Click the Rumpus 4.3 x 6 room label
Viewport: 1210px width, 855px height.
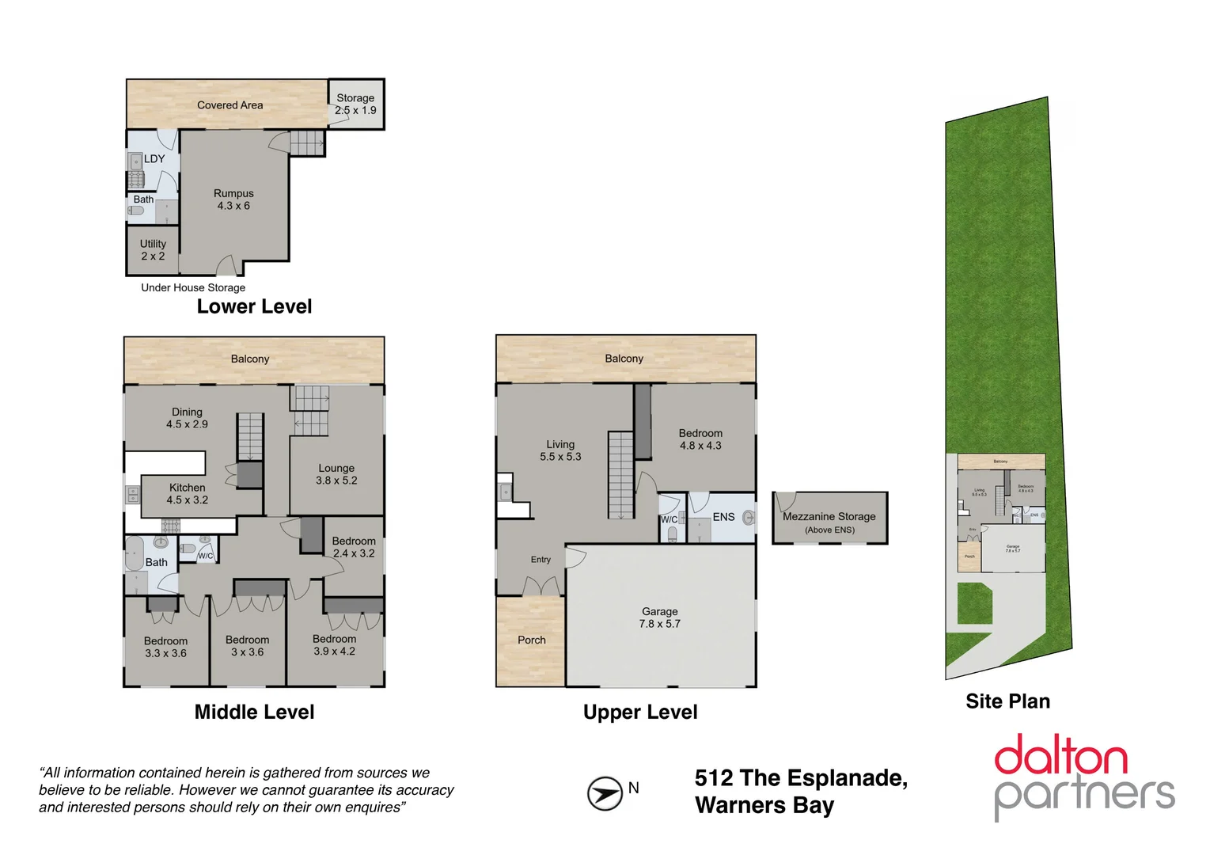[x=233, y=199]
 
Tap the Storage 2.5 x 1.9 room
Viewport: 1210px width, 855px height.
[x=355, y=104]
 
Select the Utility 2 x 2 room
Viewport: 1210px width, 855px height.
[x=153, y=250]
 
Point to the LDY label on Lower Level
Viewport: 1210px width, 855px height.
[x=154, y=159]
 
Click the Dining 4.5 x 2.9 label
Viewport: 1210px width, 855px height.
[x=187, y=418]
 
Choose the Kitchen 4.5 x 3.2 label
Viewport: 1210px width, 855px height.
[x=187, y=494]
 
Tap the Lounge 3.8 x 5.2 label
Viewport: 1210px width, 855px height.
[x=336, y=474]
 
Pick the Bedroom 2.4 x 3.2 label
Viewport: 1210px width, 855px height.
[x=354, y=547]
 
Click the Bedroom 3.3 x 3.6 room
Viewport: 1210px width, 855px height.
[x=165, y=647]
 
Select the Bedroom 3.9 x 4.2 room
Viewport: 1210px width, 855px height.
[x=334, y=645]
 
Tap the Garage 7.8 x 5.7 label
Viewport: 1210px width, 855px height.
[x=660, y=617]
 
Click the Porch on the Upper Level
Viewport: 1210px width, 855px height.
[x=531, y=640]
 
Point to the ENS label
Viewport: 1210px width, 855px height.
[x=723, y=517]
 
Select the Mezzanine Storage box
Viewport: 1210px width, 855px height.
[x=829, y=519]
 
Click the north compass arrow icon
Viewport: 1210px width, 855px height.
[x=605, y=793]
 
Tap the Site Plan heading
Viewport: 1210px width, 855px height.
[x=1007, y=701]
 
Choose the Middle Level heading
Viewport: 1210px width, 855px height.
[x=254, y=712]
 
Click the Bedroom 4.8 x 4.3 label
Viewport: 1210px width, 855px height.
[x=700, y=439]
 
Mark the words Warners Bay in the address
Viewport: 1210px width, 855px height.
[x=764, y=806]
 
